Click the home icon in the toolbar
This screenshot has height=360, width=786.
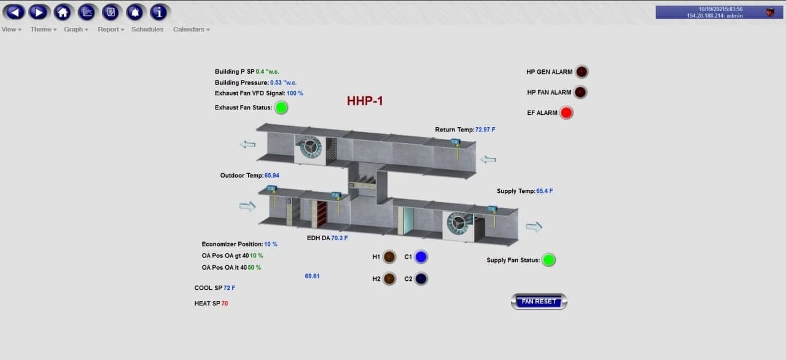[x=62, y=12]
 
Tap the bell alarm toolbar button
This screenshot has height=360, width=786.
[x=135, y=12]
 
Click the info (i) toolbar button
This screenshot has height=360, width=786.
[x=159, y=12]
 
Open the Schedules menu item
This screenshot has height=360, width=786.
[x=147, y=29]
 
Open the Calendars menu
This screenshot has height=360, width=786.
[x=191, y=29]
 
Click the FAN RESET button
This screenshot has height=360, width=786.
[x=539, y=302]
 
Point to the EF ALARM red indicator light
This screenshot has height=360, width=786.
[x=566, y=113]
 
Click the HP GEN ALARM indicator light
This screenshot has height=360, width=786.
[x=581, y=72]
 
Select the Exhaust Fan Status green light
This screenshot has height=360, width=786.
[x=281, y=108]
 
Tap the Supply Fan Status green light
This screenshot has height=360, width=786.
[x=549, y=260]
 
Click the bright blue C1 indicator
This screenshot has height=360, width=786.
[x=421, y=257]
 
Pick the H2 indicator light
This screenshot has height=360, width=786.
[x=389, y=279]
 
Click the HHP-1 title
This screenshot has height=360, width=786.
[x=365, y=101]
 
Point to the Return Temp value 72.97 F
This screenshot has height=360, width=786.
[x=486, y=130]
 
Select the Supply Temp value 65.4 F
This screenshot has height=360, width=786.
[x=545, y=191]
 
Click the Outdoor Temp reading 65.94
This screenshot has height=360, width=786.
[x=272, y=176]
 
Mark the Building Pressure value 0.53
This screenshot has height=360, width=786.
[x=284, y=83]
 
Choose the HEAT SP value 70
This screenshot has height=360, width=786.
[x=225, y=303]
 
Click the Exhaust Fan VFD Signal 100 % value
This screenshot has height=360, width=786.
[x=295, y=93]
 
